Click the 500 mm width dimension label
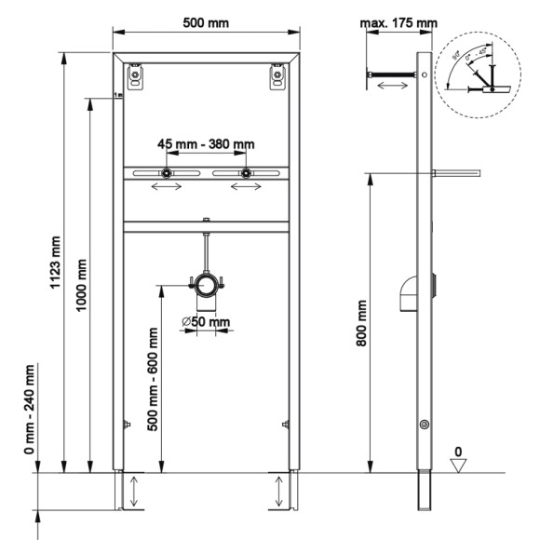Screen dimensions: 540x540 click(x=206, y=20)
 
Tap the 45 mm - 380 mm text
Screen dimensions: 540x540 click(x=205, y=143)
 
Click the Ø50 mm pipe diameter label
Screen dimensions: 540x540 click(x=206, y=322)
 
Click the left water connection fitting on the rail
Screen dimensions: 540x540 click(x=166, y=173)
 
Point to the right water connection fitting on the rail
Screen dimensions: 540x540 click(x=246, y=173)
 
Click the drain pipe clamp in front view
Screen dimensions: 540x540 click(x=206, y=285)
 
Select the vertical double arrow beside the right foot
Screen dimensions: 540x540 click(x=277, y=492)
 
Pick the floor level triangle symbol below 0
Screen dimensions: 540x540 click(x=456, y=466)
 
